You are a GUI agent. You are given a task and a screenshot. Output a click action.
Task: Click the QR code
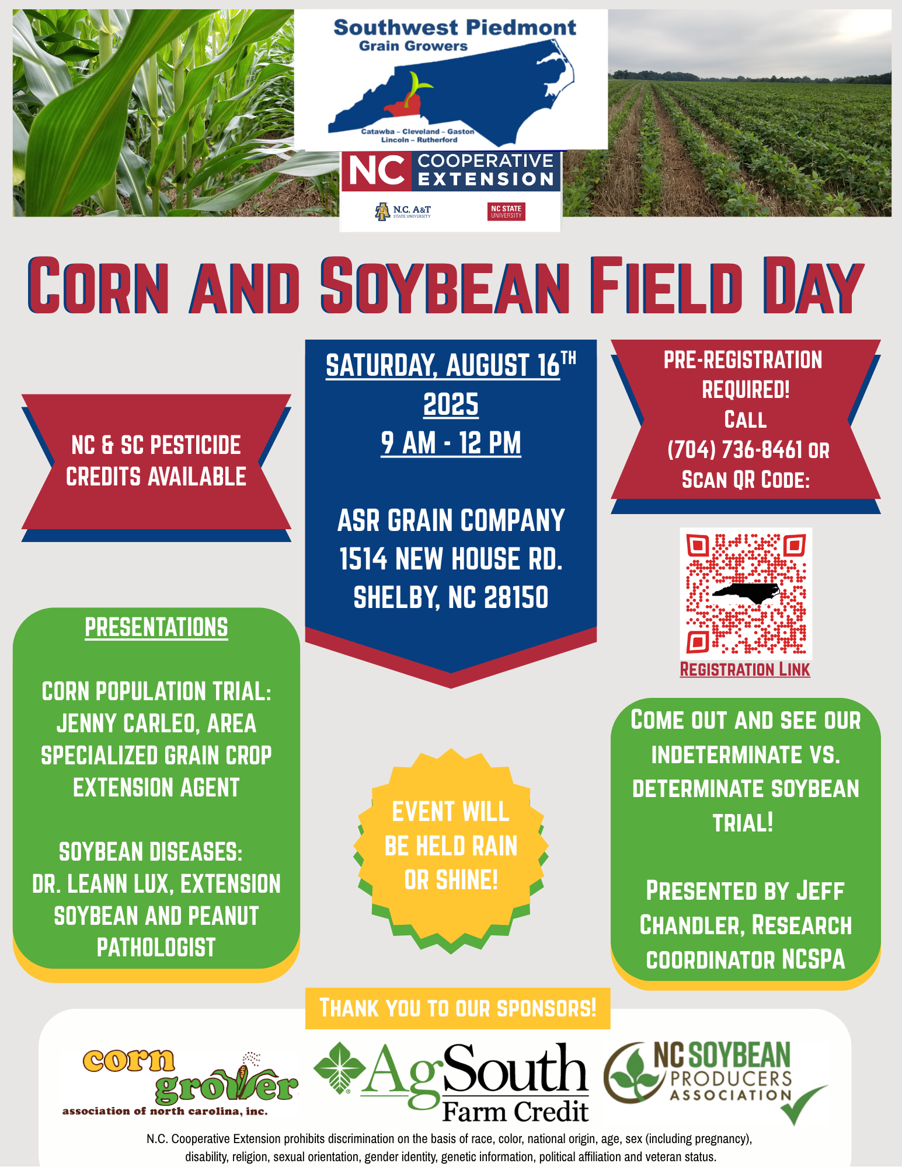746,593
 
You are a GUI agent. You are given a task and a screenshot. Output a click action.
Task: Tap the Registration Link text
745,669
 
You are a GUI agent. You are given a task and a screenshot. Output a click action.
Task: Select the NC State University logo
506,212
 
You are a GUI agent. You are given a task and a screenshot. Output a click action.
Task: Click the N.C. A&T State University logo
403,212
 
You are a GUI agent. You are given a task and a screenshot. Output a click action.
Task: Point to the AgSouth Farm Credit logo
451,1082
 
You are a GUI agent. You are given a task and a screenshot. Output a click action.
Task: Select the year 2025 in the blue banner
451,404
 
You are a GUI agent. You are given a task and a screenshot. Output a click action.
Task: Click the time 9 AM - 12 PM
451,443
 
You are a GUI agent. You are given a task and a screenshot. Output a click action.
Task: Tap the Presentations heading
156,628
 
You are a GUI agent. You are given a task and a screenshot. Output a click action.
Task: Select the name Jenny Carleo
126,724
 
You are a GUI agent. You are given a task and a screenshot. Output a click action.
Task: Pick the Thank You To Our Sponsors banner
458,1008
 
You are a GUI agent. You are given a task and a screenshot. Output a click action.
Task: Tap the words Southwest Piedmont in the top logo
455,28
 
